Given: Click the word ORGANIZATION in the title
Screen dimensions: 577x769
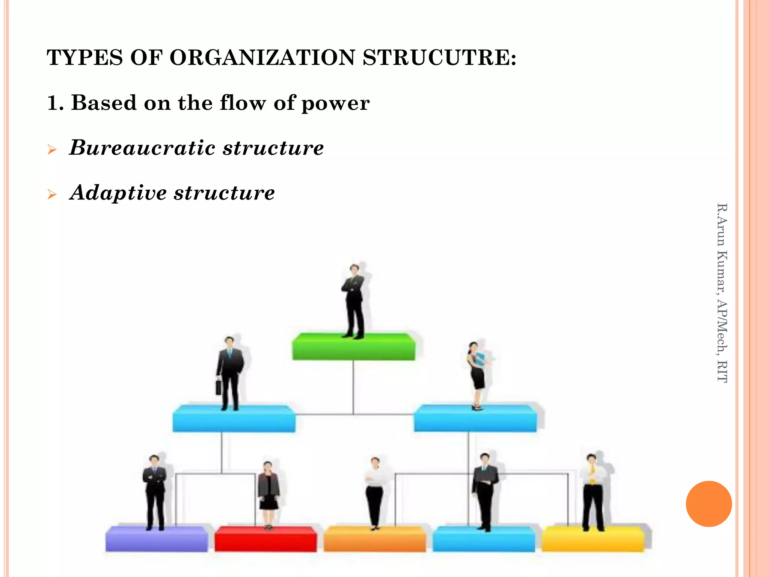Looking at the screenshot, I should pos(262,58).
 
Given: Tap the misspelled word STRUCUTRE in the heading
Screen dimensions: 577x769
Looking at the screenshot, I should pos(439,58).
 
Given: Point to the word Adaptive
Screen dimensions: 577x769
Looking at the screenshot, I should pos(118,193).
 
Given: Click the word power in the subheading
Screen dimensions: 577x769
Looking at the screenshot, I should pos(335,103).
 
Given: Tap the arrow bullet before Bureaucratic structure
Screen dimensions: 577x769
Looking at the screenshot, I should pos(52,150).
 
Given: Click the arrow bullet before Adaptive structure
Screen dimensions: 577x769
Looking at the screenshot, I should pos(52,195).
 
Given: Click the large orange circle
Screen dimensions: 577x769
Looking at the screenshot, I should pos(709,504).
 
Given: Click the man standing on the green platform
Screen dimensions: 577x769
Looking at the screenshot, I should pos(353,301).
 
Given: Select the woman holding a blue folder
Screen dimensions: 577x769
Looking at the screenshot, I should pos(477,374).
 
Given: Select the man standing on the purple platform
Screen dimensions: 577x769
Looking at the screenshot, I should pos(155,492).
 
